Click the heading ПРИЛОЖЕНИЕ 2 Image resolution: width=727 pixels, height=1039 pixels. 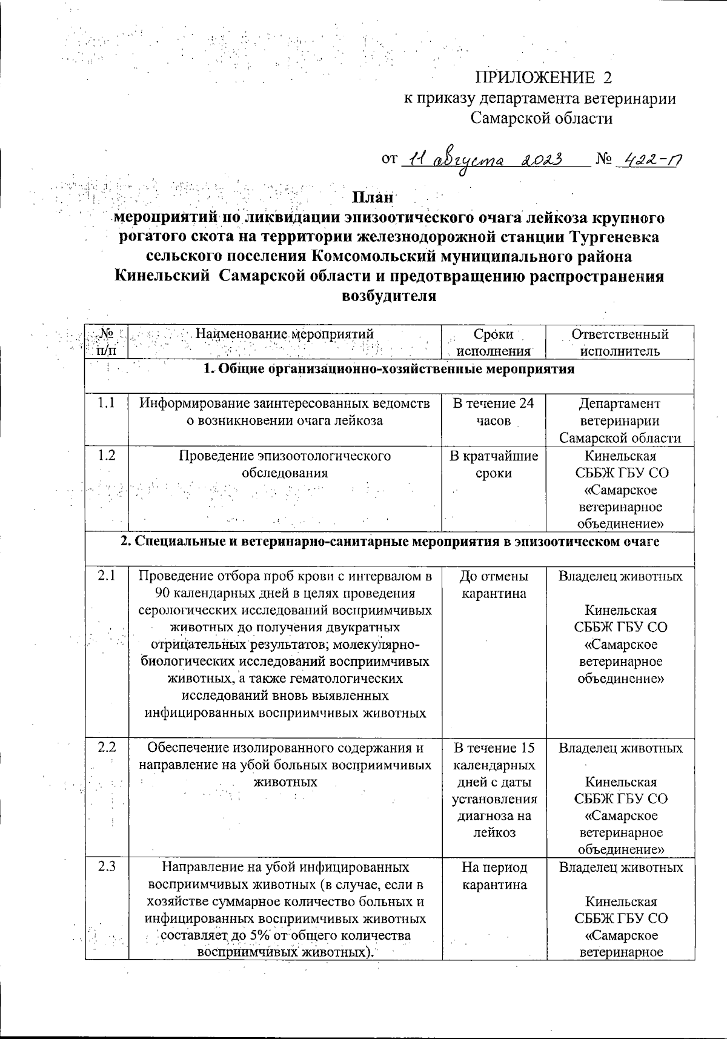point(543,78)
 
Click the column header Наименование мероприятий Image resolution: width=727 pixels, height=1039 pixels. point(285,334)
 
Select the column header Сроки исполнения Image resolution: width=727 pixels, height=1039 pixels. point(493,342)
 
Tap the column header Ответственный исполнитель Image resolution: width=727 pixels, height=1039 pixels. point(620,342)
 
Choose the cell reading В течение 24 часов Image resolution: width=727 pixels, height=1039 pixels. point(493,412)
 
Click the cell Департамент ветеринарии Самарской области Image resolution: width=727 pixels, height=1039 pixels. point(620,420)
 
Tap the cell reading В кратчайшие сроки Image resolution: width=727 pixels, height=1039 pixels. point(493,465)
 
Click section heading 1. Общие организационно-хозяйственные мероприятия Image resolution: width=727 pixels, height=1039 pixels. point(388,370)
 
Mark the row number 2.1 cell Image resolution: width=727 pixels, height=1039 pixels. point(107,576)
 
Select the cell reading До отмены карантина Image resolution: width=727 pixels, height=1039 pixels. point(493,585)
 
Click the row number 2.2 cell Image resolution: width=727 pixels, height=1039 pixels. point(107,748)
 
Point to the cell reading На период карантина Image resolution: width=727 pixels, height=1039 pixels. point(493,876)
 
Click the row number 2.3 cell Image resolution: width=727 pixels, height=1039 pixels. point(107,868)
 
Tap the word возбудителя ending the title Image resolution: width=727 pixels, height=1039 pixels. point(390,296)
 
